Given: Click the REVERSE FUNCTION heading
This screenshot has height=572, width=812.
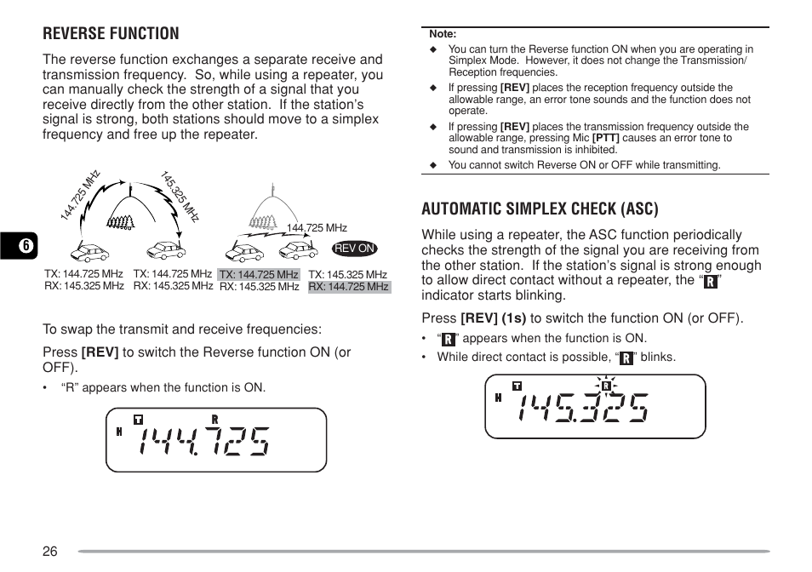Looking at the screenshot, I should (111, 33).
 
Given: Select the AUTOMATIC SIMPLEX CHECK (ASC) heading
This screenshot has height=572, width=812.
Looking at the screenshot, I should (540, 209).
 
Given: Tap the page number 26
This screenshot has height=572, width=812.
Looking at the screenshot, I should (50, 551).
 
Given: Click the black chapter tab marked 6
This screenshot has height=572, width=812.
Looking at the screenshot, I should (26, 246).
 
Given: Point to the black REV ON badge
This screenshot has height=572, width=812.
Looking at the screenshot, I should (355, 249).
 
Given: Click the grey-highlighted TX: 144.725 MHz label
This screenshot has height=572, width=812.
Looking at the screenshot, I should (259, 275).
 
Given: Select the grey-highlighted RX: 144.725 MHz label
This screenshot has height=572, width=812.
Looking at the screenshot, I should (348, 287).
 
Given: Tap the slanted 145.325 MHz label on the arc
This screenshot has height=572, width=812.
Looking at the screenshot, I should (180, 196).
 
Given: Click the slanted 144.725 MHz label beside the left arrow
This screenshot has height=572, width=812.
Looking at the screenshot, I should (81, 197).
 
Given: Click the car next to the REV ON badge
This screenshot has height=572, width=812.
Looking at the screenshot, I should (300, 250).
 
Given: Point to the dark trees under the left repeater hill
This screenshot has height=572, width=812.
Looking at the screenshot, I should (120, 224).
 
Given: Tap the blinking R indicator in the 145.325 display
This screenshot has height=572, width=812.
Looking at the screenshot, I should (606, 386).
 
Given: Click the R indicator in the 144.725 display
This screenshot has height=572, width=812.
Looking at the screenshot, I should (215, 420).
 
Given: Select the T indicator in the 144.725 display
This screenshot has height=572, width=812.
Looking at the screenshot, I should (138, 420).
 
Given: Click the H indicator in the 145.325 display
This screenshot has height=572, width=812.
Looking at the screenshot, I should (498, 398).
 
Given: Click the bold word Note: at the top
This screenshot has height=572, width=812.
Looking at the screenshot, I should (443, 34).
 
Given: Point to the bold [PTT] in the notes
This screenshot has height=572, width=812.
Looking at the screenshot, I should (605, 138).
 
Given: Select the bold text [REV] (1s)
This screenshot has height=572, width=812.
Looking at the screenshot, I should (493, 318).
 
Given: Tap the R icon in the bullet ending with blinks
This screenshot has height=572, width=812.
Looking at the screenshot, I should (626, 357).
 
